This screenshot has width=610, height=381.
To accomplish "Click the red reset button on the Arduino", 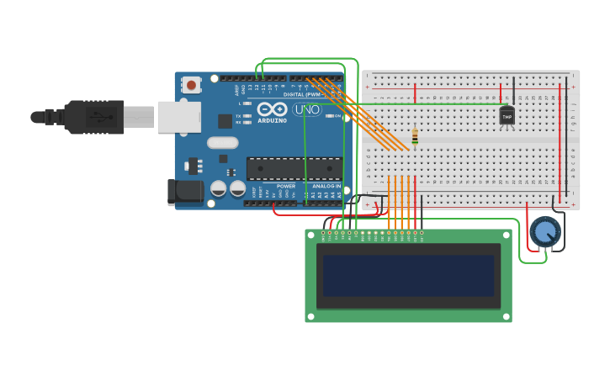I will point(191,85).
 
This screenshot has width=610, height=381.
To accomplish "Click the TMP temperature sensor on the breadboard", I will point(507,117).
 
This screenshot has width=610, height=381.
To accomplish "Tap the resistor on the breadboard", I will point(415,136).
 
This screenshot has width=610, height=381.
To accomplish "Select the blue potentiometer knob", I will point(544,231).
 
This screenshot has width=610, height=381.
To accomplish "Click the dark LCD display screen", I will point(408,276).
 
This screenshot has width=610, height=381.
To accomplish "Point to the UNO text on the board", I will point(307,109).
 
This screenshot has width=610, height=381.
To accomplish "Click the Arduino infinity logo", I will point(272,109).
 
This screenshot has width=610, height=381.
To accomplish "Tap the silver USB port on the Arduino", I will point(179,117).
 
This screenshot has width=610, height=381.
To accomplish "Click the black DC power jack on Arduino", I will point(184,192).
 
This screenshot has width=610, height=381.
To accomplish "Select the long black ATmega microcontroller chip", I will point(294,168).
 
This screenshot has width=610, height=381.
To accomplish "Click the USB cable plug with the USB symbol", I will point(94,117).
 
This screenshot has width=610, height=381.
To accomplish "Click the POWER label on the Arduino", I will point(286,186).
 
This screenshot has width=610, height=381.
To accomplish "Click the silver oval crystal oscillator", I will point(223,143).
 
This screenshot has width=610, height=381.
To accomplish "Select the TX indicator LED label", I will point(238,116).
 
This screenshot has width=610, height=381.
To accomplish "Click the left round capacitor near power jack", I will point(218,188).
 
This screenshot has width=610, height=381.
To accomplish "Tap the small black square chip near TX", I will point(225,121).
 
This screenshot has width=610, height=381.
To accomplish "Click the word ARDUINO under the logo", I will point(272,120).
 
